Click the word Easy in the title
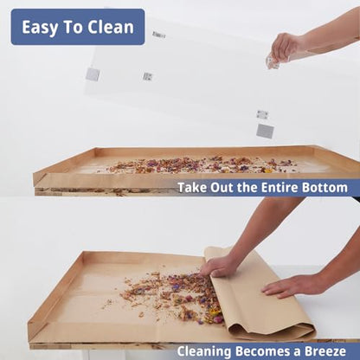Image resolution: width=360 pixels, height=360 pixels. coord(40,28)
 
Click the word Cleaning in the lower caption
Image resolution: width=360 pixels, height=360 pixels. coord(205,351)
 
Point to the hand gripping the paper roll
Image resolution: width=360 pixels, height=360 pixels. coord(219,267)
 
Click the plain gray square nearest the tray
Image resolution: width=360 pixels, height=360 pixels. coord(265,131)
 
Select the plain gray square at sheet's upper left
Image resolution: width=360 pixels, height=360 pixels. coord(93,74)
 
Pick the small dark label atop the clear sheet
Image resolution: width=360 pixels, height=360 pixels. coord(158,35)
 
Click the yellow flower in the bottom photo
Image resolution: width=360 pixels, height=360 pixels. coord(214,312)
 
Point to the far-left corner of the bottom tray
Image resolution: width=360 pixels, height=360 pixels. coord(83,252)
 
